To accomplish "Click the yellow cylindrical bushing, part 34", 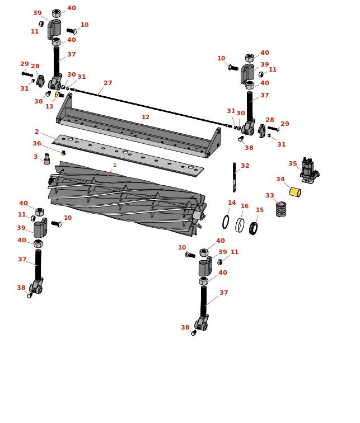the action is click(x=295, y=192).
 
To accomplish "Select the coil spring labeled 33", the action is click(x=281, y=209).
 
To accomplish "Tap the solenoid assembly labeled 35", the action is click(x=310, y=171).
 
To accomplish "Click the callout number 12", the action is click(x=146, y=117).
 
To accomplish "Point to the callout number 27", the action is click(x=108, y=83).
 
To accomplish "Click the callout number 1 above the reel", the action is click(x=115, y=165).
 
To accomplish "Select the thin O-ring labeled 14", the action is click(x=226, y=222).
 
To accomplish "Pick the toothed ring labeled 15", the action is click(x=253, y=228).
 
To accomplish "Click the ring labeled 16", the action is click(x=240, y=225).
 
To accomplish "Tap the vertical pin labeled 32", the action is click(x=234, y=177).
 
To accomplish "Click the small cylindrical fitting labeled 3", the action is click(x=47, y=159).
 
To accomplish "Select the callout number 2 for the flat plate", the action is click(x=37, y=131).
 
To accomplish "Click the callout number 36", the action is click(x=37, y=143).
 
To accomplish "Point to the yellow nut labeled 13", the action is click(x=58, y=95).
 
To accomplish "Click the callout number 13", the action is click(x=49, y=106).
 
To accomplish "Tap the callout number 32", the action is click(x=245, y=166).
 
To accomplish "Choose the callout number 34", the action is click(x=280, y=179).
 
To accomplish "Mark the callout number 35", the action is click(x=292, y=163).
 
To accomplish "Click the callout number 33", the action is click(x=270, y=195).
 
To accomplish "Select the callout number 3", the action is click(x=35, y=157).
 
